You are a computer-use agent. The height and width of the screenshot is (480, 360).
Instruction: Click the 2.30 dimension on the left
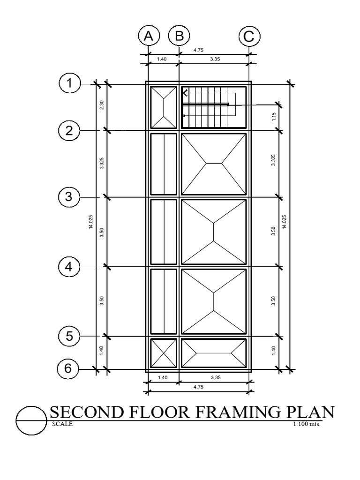click(102, 105)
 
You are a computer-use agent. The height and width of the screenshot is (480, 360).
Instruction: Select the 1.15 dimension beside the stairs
click(274, 117)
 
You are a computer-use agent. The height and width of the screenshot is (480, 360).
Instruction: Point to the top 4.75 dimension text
click(198, 50)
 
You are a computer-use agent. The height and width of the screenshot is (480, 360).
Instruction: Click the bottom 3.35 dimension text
click(216, 377)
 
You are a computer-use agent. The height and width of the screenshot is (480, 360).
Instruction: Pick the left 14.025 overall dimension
click(91, 222)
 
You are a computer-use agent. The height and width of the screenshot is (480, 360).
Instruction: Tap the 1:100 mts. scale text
click(307, 424)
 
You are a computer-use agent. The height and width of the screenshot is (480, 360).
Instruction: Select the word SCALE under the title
click(62, 424)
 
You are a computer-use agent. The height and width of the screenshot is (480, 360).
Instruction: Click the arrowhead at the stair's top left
click(185, 92)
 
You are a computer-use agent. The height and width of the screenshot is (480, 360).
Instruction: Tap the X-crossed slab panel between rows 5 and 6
click(164, 353)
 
